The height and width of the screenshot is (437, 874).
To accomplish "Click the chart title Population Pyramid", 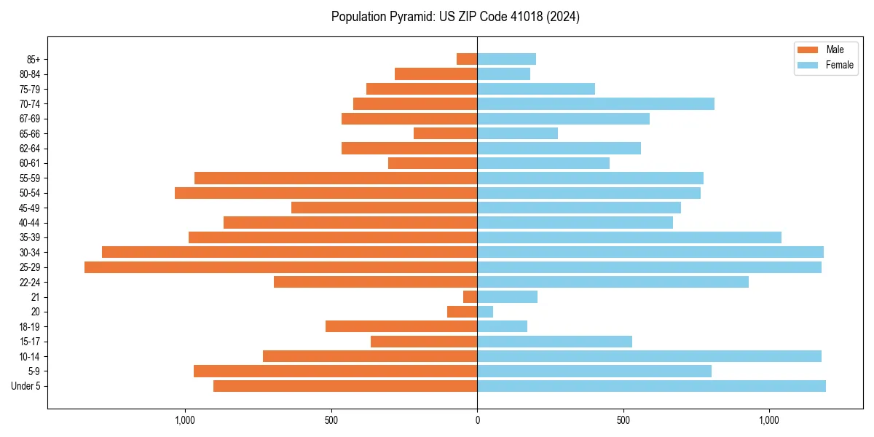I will pyautogui.click(x=455, y=17).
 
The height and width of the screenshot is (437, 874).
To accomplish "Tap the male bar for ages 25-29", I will pyautogui.click(x=280, y=267).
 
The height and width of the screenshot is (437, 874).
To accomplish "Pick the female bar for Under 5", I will pyautogui.click(x=651, y=386).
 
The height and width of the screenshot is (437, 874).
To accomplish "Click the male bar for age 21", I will pyautogui.click(x=471, y=297).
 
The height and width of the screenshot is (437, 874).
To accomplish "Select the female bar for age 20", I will pyautogui.click(x=485, y=312).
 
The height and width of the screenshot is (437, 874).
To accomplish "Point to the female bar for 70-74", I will pyautogui.click(x=596, y=104).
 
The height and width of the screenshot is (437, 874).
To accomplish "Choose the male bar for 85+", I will pyautogui.click(x=467, y=59).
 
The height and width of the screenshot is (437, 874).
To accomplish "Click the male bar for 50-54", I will pyautogui.click(x=326, y=193).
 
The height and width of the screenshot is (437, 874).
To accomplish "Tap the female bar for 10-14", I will pyautogui.click(x=649, y=356).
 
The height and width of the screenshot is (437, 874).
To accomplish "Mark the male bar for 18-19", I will pyautogui.click(x=401, y=326).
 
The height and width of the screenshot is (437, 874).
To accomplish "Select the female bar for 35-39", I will pyautogui.click(x=629, y=237).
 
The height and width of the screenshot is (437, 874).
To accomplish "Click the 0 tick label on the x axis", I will pyautogui.click(x=477, y=420).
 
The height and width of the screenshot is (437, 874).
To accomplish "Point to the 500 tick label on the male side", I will pyautogui.click(x=331, y=420).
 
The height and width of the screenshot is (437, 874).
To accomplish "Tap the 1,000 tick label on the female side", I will pyautogui.click(x=769, y=420).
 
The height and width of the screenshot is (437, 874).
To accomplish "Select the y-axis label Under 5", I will pyautogui.click(x=25, y=386).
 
